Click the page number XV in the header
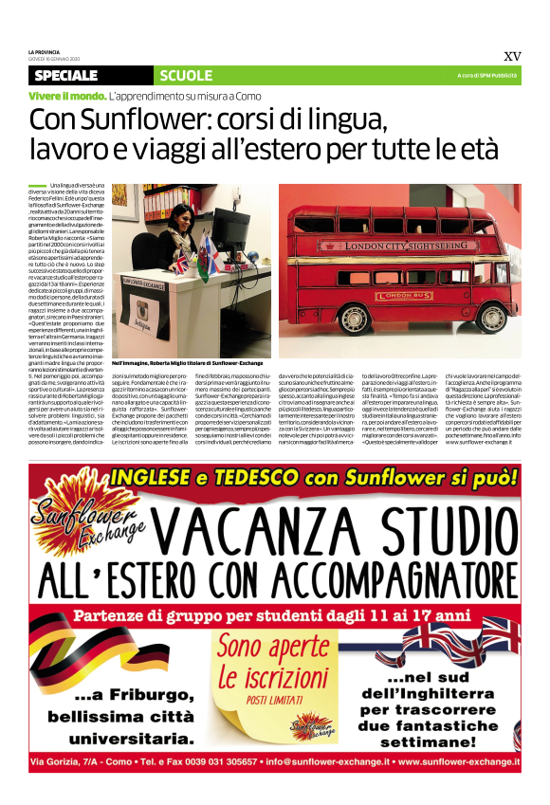(512, 56)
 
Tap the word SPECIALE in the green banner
(72, 75)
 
